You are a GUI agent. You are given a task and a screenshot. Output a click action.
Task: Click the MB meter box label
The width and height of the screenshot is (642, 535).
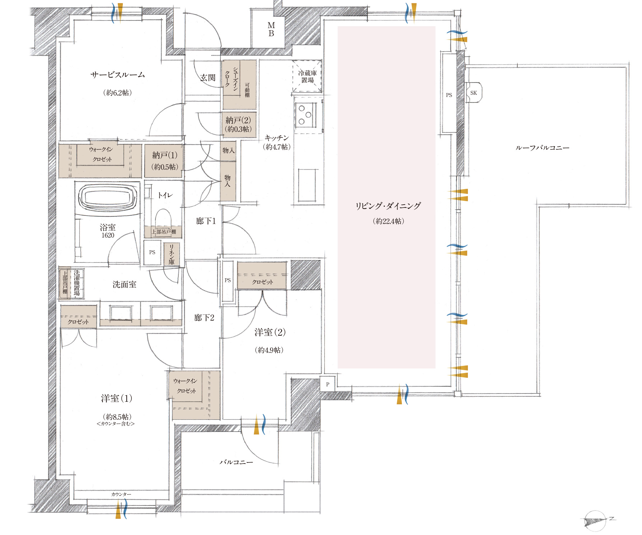click(271, 29)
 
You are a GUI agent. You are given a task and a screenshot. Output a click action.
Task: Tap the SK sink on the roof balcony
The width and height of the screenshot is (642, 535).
click(474, 93)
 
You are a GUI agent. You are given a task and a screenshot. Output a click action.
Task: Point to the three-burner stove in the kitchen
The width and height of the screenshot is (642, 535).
click(306, 115)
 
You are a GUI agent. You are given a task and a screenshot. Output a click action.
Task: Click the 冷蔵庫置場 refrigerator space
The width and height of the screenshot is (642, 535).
click(307, 76)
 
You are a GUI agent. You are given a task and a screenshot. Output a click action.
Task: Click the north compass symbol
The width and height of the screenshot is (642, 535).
click(597, 521)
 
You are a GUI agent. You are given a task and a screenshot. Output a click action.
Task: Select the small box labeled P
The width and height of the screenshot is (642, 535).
click(327, 384)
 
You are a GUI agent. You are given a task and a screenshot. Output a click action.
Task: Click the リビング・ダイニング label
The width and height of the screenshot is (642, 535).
click(388, 206)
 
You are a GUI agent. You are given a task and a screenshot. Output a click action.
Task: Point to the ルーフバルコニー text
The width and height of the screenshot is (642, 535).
click(542, 148)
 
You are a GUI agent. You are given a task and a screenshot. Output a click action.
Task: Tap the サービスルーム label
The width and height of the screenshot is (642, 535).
click(118, 75)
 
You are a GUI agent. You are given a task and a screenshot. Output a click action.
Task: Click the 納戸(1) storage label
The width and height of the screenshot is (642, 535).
click(165, 155)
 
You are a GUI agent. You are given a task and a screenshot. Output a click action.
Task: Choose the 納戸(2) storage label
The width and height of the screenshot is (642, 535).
click(238, 120)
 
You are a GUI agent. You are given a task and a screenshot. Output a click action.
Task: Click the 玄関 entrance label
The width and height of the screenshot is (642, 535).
click(208, 78)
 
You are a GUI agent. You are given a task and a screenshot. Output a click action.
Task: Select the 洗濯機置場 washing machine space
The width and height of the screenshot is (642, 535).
click(77, 283)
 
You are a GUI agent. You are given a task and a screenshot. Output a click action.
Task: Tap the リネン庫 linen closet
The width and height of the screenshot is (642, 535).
click(171, 254)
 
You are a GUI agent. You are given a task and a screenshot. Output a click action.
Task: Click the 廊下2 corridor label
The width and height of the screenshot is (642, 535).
click(204, 317)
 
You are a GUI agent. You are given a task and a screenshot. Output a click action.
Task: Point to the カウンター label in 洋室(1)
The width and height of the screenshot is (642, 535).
click(121, 494)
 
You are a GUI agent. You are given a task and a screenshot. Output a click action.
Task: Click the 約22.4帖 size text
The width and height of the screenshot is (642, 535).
click(388, 221)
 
